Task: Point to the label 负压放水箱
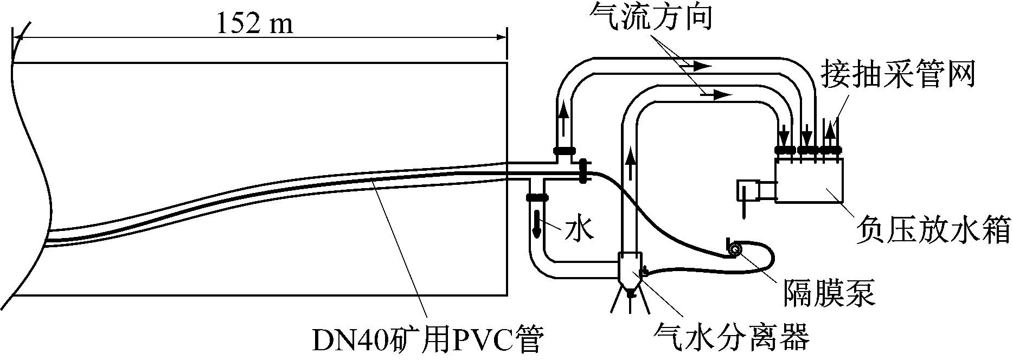coord(932,230)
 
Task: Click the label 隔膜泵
coord(829,293)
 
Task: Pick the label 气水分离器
coord(732,337)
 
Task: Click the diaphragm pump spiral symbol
coord(736,249)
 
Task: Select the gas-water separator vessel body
coord(630,268)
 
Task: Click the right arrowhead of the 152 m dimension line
coord(502,37)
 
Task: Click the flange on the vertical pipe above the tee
coord(565,150)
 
